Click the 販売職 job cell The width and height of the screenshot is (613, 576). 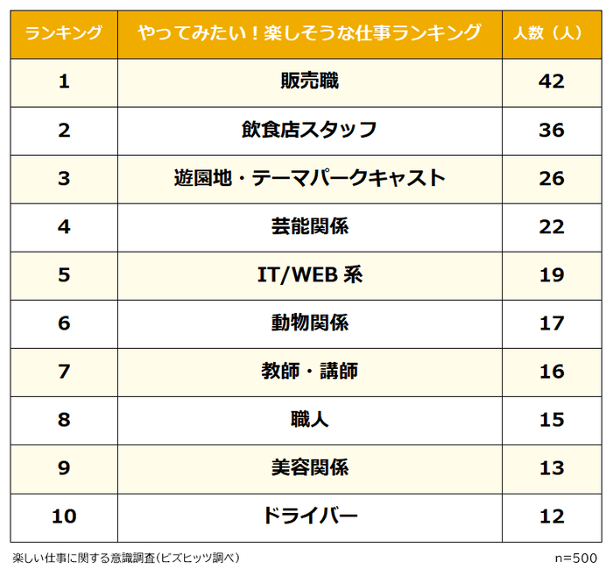pos(310,82)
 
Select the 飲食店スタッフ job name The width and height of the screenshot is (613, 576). pos(310,131)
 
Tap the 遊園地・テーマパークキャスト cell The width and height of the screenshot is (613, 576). pos(310,179)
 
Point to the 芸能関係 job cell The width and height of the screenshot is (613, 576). pos(310,227)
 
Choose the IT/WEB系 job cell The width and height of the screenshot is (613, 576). pos(310,275)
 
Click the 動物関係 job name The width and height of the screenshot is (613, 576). pos(310,324)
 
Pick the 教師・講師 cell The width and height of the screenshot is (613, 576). pos(310,372)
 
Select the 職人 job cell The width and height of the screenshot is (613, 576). pos(310,420)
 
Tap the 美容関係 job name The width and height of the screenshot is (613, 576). pos(310,468)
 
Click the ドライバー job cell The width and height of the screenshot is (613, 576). pos(310,516)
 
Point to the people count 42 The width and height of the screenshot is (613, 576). pos(552,82)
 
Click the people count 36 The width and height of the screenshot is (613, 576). pos(552,131)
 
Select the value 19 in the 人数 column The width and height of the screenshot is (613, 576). pos(552,275)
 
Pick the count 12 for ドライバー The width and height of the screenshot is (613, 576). pos(552,516)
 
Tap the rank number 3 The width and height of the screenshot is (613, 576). pos(63,179)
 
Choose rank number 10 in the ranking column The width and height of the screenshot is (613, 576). pos(63,516)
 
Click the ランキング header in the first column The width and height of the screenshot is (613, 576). pos(63,33)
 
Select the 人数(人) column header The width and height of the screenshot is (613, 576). pos(552,33)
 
